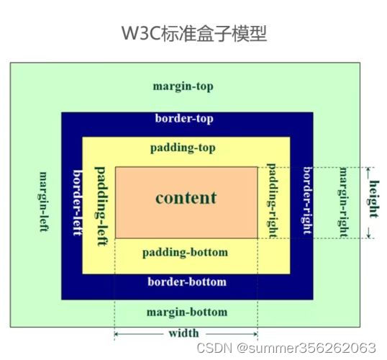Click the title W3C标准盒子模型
194,33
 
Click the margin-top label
183,86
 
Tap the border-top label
184,118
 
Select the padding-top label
183,148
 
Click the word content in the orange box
186,198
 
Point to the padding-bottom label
185,253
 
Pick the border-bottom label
187,282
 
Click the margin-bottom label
187,312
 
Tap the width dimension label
184,333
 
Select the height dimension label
374,199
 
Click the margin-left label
43,202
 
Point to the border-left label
77,202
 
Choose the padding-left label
101,207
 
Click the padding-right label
272,201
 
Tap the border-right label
308,200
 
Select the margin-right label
343,202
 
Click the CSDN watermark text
286,348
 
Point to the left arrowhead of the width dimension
117,334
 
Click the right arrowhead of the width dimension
255,334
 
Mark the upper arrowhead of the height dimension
368,169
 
